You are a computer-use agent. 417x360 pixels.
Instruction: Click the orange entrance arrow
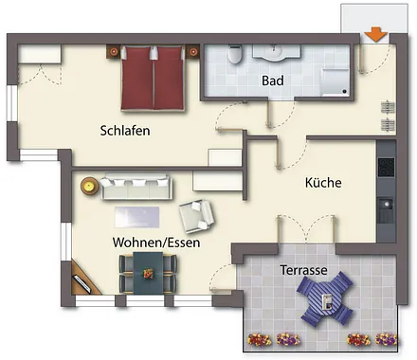376,35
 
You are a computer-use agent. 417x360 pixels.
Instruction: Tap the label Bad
273,81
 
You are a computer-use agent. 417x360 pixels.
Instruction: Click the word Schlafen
126,131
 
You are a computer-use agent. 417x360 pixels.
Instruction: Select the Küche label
322,182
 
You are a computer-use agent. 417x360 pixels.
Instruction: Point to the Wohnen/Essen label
155,243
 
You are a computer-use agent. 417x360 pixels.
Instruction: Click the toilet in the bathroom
234,55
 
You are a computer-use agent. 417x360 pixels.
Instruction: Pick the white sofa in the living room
135,187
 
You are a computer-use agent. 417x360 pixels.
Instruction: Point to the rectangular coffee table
138,216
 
